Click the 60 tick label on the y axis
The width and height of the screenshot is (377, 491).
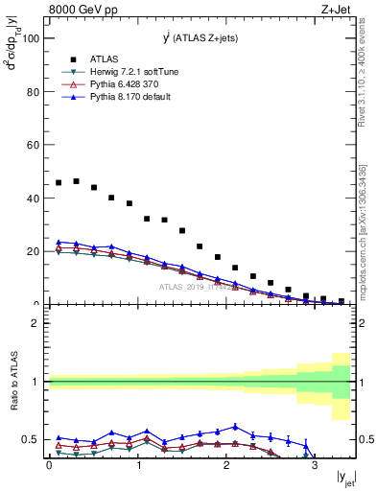[32, 146]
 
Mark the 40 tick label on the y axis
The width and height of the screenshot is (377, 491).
[32, 199]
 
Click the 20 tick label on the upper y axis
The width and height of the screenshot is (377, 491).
[32, 251]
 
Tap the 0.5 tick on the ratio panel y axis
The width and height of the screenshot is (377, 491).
[31, 439]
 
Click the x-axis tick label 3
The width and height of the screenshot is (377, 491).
[315, 466]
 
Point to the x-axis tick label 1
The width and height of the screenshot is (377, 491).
[137, 466]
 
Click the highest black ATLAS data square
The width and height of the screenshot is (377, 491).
[76, 180]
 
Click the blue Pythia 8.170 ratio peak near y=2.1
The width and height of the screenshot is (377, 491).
[235, 427]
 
